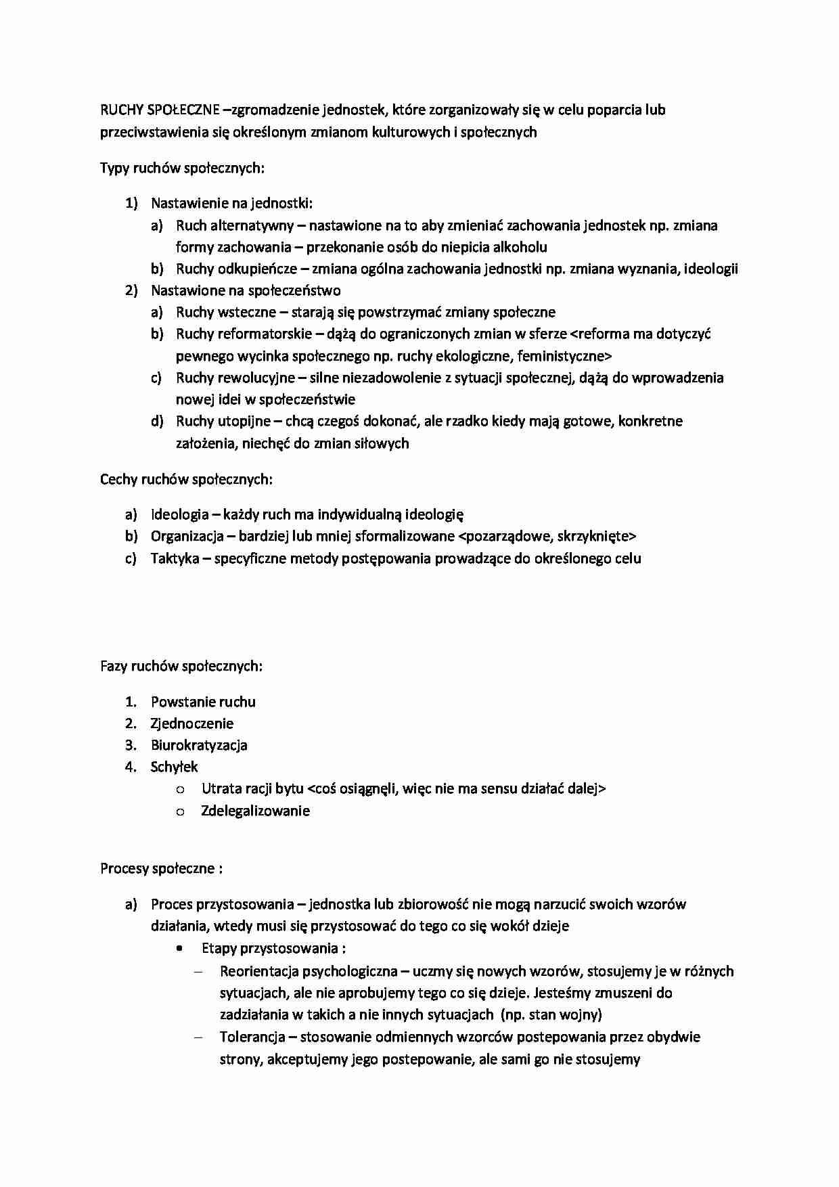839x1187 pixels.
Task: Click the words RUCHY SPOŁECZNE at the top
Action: pyautogui.click(x=160, y=110)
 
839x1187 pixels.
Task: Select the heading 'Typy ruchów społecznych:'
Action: pyautogui.click(x=182, y=168)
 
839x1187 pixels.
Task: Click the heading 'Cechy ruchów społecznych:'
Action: pyautogui.click(x=186, y=479)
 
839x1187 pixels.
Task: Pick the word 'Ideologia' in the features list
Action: pyautogui.click(x=179, y=514)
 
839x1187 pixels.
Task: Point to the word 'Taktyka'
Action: pyautogui.click(x=175, y=558)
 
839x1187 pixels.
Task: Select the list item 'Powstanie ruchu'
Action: pyautogui.click(x=203, y=702)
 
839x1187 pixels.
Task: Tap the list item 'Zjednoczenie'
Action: pyautogui.click(x=191, y=723)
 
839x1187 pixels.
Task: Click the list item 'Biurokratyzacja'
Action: pyautogui.click(x=199, y=745)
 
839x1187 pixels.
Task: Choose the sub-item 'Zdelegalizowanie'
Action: pyautogui.click(x=255, y=811)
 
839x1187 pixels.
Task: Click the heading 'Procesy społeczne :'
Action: pyautogui.click(x=161, y=868)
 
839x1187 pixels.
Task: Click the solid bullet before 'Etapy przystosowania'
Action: pyautogui.click(x=179, y=948)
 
